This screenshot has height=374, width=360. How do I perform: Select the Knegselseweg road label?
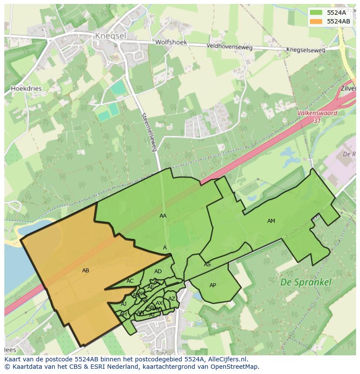point(306,50)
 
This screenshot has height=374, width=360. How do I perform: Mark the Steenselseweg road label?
point(149,132)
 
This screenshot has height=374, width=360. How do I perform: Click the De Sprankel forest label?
point(306,282)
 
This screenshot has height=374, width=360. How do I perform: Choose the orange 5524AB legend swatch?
point(316,21)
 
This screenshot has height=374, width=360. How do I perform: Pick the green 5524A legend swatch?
point(316,13)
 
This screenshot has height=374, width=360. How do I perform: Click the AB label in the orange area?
point(86,271)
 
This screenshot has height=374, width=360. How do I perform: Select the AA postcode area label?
point(163,216)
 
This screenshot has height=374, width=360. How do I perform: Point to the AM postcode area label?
point(271,221)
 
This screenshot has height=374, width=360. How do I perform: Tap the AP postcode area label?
point(213,285)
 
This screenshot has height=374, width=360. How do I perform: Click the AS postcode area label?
point(207,265)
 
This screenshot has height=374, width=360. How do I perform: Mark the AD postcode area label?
point(158,271)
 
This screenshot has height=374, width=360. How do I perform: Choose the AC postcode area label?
point(130,281)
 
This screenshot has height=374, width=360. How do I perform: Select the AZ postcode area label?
point(172,299)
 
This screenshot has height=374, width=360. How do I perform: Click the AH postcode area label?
point(123,314)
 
